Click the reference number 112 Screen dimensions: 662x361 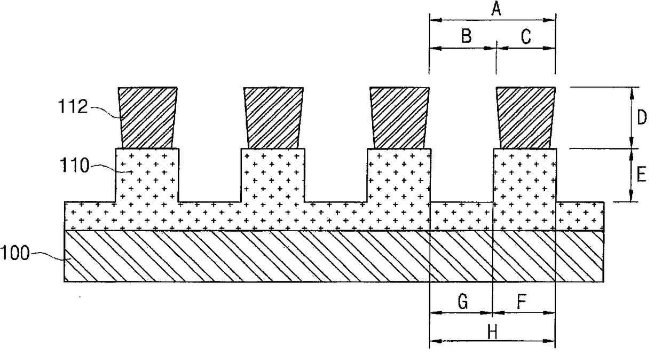74,107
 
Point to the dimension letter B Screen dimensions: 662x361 466,36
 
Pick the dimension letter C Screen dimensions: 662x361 525,36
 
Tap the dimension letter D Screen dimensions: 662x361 642,117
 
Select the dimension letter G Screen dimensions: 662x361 463,303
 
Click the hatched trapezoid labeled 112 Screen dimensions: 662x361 148,117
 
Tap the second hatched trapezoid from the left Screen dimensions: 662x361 273,117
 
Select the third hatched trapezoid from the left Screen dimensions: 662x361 400,117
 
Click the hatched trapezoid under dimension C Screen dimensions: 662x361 526,117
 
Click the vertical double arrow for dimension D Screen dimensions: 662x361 632,117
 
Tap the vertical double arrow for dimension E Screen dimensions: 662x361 632,175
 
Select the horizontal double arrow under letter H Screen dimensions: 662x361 492,340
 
